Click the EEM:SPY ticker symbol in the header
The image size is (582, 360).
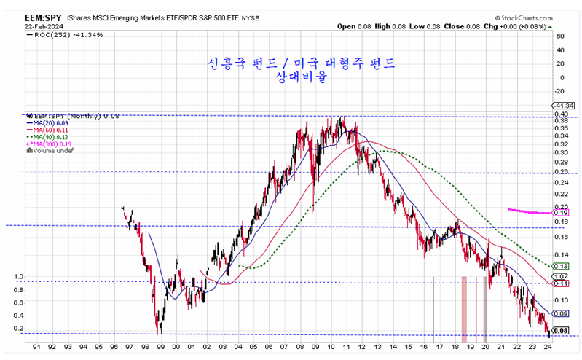[x=26, y=15]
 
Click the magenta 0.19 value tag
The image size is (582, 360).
[x=560, y=213]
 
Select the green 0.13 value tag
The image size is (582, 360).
[x=560, y=267]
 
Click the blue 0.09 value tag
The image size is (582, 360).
[x=560, y=313]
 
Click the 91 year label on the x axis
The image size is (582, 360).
[x=36, y=348]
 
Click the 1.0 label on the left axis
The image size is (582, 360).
[x=20, y=277]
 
